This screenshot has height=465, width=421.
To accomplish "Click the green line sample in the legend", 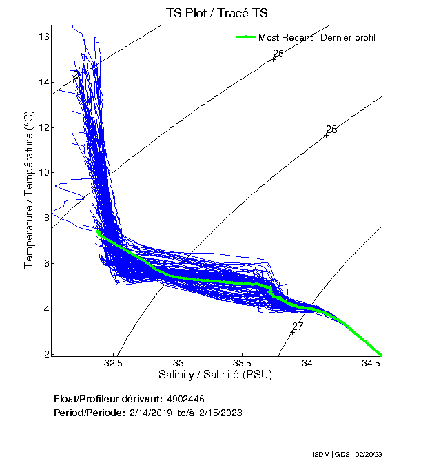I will pos(245,37).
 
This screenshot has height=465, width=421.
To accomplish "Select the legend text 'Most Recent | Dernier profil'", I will pos(317,37).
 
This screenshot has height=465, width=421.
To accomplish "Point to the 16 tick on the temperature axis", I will pos(43,37).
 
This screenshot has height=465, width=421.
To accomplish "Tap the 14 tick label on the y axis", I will pos(43,82).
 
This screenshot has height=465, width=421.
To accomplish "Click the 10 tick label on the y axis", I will pos(43,172).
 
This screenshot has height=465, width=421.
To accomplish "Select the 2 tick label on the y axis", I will pos(45,353).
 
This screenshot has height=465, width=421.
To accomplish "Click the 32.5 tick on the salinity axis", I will pos(114,362).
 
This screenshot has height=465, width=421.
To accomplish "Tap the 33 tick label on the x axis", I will pos(178,362).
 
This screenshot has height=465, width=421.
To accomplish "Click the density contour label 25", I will pos(278,54).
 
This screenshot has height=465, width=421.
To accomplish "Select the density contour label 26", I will pos(331,129).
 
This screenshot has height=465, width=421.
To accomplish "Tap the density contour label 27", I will pos(298,326).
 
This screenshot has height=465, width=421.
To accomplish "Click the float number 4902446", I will pos(185,399).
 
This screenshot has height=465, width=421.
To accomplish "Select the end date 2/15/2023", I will pos(220,412).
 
